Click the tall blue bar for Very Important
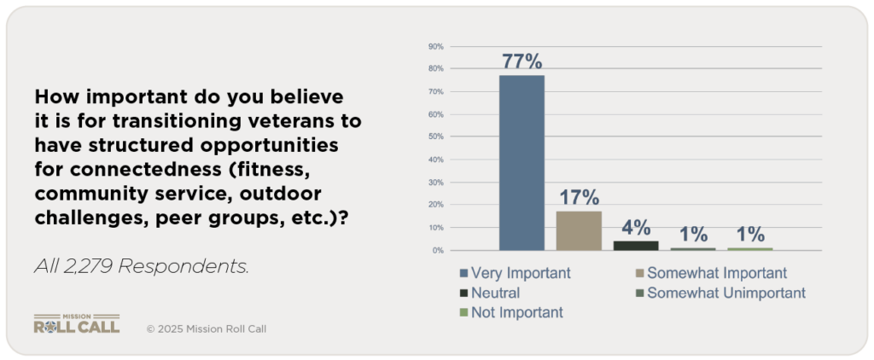coord(521,162)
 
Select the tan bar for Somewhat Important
coord(579,230)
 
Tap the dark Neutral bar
coord(636,246)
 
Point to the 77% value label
coord(521,61)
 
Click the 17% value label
coord(579,198)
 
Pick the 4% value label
coord(636,228)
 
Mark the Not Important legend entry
coord(512,312)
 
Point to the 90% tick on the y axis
coord(434,46)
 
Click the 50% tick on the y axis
coord(434,136)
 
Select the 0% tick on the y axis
coord(436,251)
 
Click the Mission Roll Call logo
coord(76,323)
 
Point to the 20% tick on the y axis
coord(434,205)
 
